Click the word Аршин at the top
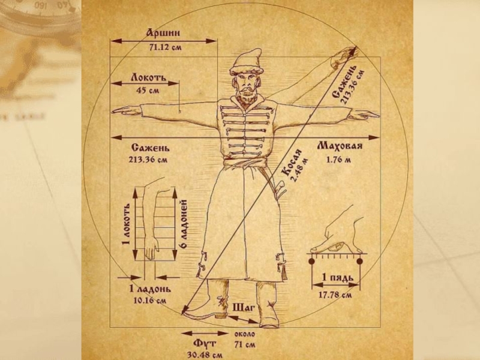163,33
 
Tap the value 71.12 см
163,47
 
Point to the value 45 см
148,92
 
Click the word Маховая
339,147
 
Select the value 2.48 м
298,169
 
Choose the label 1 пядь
336,278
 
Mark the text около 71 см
245,340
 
